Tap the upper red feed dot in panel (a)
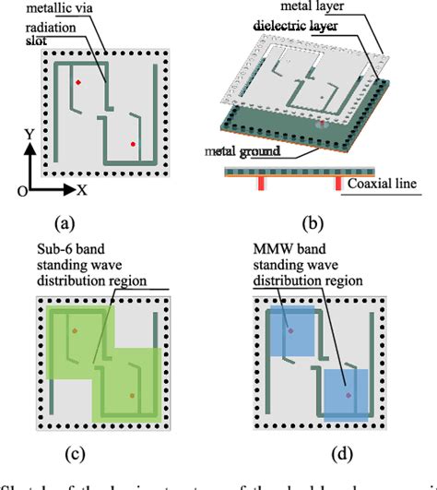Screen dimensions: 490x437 pyautogui.click(x=78, y=84)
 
